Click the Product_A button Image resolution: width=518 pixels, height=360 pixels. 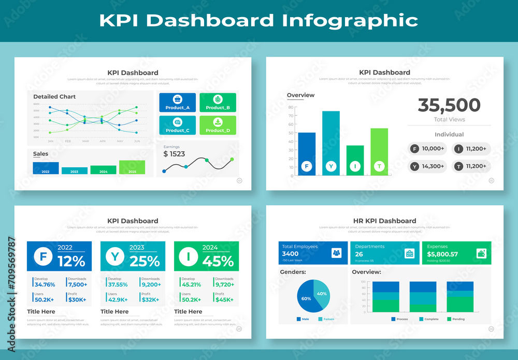point(177,103)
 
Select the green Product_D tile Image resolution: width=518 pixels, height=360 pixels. point(218,125)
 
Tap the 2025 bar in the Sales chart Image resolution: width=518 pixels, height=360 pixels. point(132,167)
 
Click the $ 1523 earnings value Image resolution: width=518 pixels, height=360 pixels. point(174,154)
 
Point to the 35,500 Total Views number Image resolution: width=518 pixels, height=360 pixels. point(449,105)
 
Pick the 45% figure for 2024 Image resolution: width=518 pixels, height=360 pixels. point(218,262)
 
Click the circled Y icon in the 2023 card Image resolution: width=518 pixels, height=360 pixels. point(114,256)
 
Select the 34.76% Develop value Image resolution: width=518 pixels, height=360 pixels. point(45,285)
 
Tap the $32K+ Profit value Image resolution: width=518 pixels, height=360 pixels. point(150,300)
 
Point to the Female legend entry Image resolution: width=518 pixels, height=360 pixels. point(326,319)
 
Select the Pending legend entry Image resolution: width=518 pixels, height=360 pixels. point(455,319)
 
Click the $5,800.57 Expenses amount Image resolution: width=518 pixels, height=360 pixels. point(442,254)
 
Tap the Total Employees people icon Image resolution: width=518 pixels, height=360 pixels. point(337,253)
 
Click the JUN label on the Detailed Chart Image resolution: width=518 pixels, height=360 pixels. point(137,141)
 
